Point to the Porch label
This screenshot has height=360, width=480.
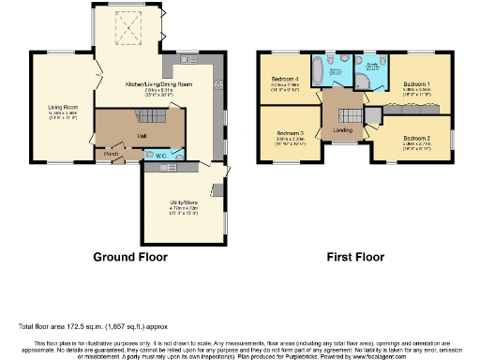(x=111, y=154)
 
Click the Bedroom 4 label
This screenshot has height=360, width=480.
(x=285, y=78)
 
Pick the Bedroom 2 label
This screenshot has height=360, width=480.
(x=416, y=139)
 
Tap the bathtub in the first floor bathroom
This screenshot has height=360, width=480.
(x=336, y=71)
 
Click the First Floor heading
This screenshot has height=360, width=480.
(x=354, y=255)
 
